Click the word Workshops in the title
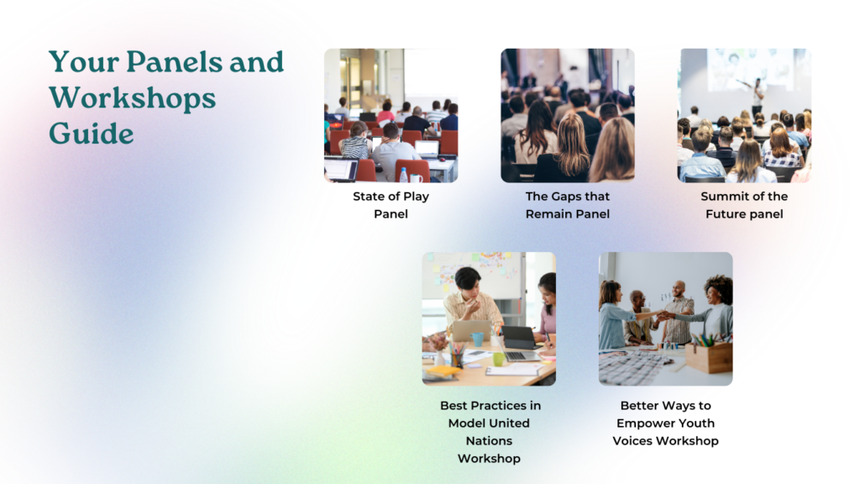(x=132, y=98)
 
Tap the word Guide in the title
(x=91, y=134)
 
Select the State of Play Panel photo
(x=391, y=115)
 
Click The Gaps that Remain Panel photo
(x=568, y=115)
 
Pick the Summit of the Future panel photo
(x=744, y=115)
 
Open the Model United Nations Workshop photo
(x=489, y=318)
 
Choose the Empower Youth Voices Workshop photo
(x=665, y=318)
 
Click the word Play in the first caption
(x=416, y=197)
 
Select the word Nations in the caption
(x=489, y=440)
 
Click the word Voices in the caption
(x=632, y=440)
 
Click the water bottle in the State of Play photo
(x=404, y=175)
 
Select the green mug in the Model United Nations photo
(x=499, y=360)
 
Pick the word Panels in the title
(x=175, y=61)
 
